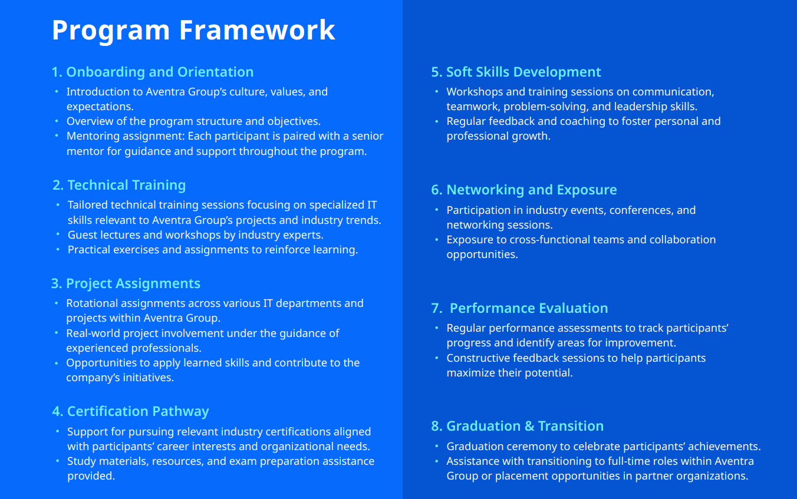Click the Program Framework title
[x=193, y=30]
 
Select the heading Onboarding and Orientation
[x=153, y=72]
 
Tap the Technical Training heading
[x=119, y=185]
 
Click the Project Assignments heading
[x=126, y=283]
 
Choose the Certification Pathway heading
[x=130, y=411]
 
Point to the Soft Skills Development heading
[x=516, y=72]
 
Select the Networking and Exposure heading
[x=524, y=190]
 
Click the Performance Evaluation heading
[x=521, y=308]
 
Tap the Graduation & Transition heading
[x=518, y=426]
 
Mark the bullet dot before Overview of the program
[x=57, y=121]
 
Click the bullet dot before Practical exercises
[x=58, y=250]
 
